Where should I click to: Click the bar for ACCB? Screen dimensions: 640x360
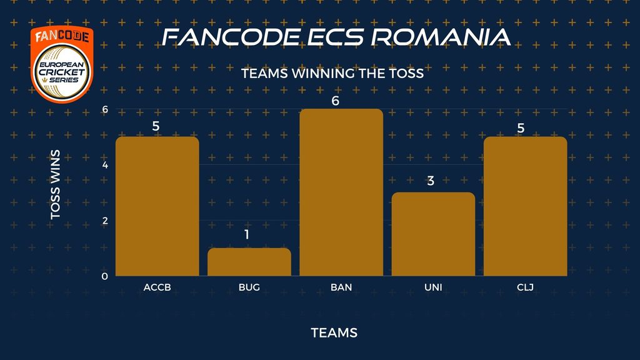click(x=157, y=206)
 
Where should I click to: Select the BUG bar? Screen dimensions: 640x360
click(x=249, y=262)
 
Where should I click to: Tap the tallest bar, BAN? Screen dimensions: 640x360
click(x=341, y=192)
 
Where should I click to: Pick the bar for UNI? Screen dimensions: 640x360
click(x=434, y=234)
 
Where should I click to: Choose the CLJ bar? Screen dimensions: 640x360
click(x=525, y=206)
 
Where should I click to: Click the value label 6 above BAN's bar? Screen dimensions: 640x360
click(x=336, y=101)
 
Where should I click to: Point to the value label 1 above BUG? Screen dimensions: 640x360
click(x=246, y=234)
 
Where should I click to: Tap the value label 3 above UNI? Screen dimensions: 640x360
click(x=431, y=181)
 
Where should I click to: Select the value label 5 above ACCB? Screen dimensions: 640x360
click(x=156, y=126)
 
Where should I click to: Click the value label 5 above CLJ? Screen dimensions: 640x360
click(x=521, y=128)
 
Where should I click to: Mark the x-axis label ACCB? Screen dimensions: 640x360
click(x=157, y=287)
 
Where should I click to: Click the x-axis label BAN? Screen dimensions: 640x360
click(x=341, y=287)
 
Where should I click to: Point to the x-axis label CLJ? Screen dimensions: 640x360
click(x=525, y=287)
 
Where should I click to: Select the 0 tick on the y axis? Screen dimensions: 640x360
click(x=105, y=276)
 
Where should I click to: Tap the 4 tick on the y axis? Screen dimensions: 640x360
click(x=105, y=165)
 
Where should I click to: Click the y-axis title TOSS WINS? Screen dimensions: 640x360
click(x=55, y=184)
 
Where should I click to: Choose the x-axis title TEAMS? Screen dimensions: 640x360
click(x=334, y=332)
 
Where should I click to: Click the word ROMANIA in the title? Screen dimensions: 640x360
click(x=441, y=37)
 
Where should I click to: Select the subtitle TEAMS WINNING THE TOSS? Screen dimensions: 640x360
click(x=332, y=74)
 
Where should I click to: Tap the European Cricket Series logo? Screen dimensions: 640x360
click(x=62, y=64)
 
